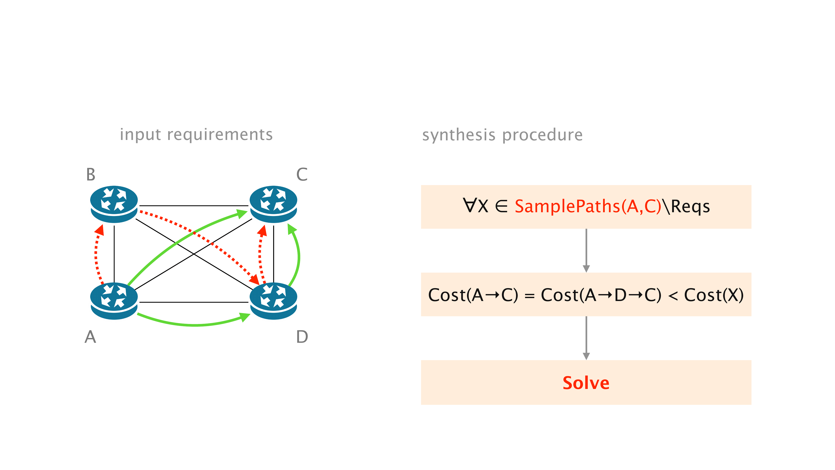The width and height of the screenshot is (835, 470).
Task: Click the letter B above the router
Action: pos(91,174)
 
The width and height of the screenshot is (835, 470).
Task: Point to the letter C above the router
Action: pos(302,174)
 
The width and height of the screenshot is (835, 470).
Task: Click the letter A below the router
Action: pos(90,337)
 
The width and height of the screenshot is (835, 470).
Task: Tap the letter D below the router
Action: pos(302,337)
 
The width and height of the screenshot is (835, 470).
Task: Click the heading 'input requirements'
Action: pos(196,134)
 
